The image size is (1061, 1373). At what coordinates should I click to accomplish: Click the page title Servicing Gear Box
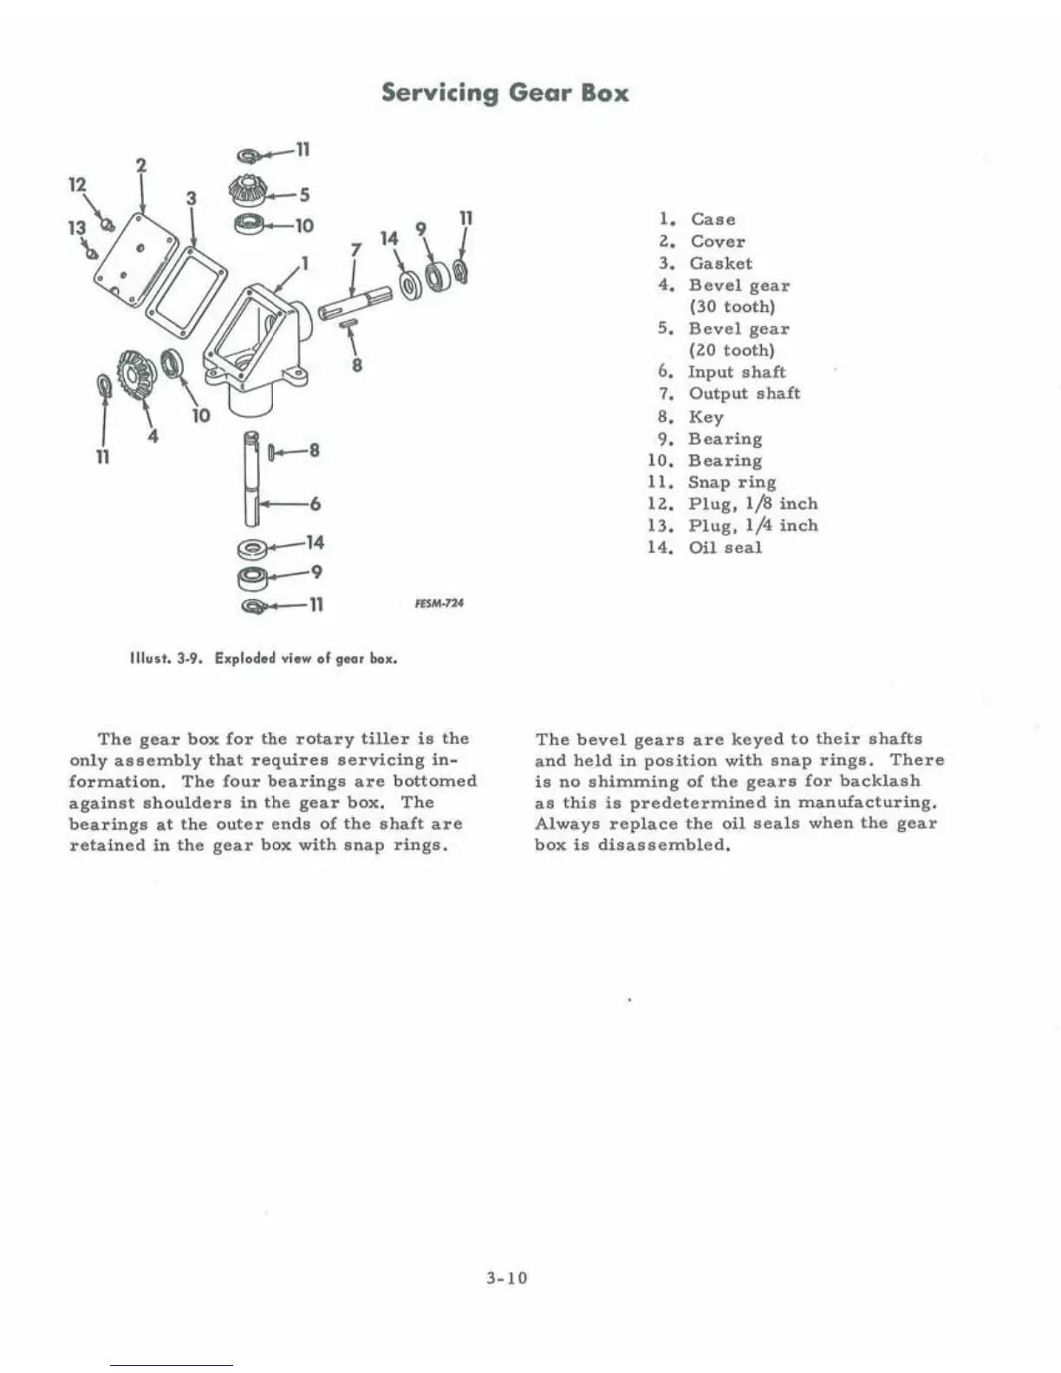[504, 92]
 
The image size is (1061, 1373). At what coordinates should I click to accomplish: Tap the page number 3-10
[507, 1278]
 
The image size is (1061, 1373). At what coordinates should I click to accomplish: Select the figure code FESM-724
[439, 603]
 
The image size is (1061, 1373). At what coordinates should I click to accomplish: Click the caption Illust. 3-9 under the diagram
[263, 658]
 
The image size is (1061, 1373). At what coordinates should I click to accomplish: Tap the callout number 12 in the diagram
[78, 185]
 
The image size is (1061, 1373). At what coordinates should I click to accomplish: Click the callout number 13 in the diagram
[77, 227]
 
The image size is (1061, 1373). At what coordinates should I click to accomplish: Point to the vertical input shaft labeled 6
[252, 479]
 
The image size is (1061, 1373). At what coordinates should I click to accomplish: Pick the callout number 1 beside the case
[303, 261]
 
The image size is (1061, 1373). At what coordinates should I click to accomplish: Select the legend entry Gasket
[720, 264]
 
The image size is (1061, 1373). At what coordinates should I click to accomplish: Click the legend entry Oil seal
[725, 547]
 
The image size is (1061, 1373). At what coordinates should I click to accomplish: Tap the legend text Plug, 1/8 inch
[752, 504]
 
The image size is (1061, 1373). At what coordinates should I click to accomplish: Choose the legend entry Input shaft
[737, 372]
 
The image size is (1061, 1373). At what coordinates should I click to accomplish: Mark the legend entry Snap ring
[732, 482]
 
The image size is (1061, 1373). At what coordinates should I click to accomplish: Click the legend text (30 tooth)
[732, 307]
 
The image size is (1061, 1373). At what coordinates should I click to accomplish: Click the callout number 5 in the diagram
[304, 194]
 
